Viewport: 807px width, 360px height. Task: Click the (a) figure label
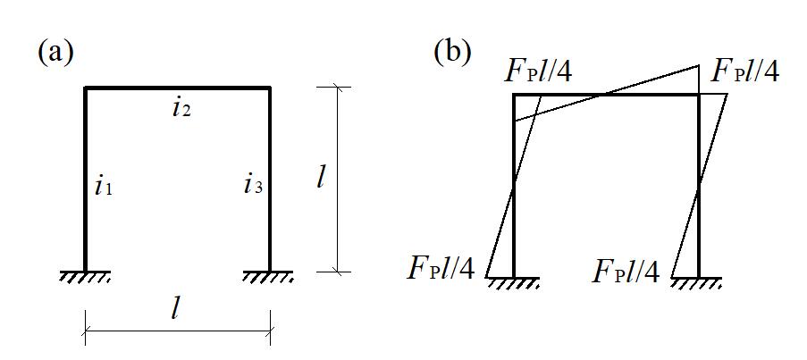pyautogui.click(x=55, y=52)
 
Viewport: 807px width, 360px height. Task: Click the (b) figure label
pyautogui.click(x=452, y=51)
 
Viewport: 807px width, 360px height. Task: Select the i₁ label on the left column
pyautogui.click(x=104, y=187)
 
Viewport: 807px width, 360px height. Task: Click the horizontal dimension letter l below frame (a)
pyautogui.click(x=177, y=309)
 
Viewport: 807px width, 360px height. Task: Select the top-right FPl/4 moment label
pyautogui.click(x=744, y=71)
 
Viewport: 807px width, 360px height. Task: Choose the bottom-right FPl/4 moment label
pyautogui.click(x=626, y=270)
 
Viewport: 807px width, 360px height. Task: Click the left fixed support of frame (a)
pyautogui.click(x=85, y=276)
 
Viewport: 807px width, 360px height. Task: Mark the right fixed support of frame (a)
pyautogui.click(x=270, y=276)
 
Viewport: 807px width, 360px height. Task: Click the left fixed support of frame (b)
pyautogui.click(x=514, y=282)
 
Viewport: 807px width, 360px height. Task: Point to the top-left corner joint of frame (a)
pyautogui.click(x=86, y=88)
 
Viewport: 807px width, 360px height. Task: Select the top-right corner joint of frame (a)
pyautogui.click(x=270, y=88)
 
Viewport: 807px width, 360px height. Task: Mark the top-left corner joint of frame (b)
pyautogui.click(x=515, y=94)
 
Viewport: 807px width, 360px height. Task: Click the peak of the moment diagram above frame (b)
pyautogui.click(x=699, y=65)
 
